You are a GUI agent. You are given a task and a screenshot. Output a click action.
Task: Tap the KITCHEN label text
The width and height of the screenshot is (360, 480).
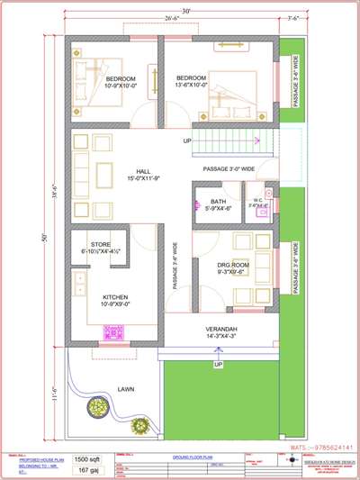pyautogui.click(x=118, y=296)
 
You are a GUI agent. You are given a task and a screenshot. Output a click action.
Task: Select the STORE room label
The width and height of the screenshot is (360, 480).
pyautogui.click(x=101, y=244)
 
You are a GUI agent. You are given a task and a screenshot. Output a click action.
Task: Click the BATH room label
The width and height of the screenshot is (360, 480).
pyautogui.click(x=218, y=202)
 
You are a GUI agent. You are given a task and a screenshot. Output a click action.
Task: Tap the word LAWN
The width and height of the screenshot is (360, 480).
pyautogui.click(x=126, y=388)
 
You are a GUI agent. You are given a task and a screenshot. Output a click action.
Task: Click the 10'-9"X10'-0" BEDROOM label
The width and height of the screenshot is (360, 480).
pyautogui.click(x=113, y=80)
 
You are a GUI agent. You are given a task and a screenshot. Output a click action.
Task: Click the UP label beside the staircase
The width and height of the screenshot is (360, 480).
pyautogui.click(x=187, y=141)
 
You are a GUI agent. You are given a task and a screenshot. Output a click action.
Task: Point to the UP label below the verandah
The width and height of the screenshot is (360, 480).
pyautogui.click(x=218, y=364)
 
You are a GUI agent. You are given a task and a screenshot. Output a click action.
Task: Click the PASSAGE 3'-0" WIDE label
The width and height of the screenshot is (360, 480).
pyautogui.click(x=229, y=168)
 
